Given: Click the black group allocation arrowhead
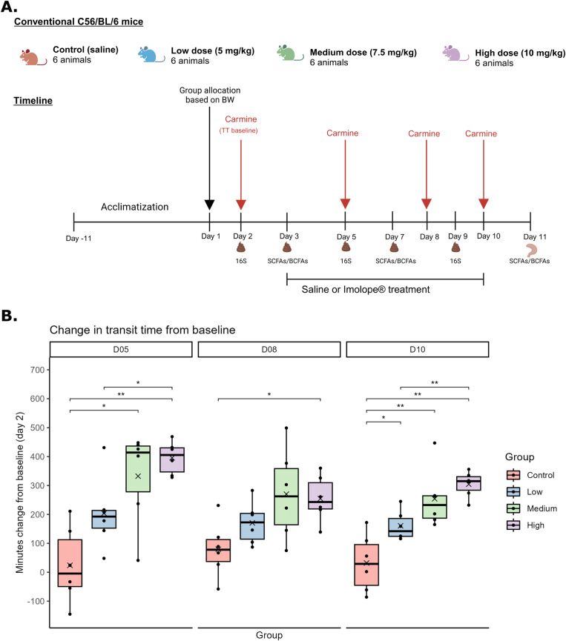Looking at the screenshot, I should tap(210, 205).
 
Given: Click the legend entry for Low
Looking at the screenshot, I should tap(519, 491).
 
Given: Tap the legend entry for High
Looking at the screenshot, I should tap(519, 525).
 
